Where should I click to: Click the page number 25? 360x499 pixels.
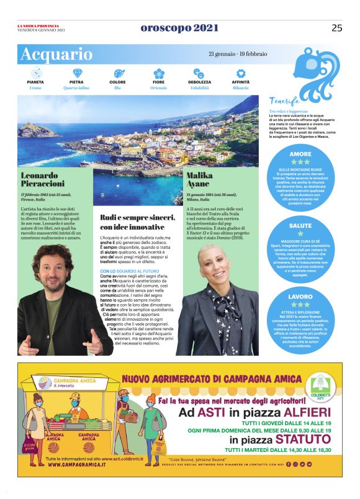tap(336, 28)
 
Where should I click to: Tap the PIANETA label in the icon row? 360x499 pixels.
tap(35, 82)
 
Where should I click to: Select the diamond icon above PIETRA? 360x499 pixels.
tap(77, 73)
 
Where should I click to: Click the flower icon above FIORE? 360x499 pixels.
tap(159, 73)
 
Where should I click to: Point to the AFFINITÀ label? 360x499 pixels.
tap(241, 82)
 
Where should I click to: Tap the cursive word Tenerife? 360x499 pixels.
tap(285, 101)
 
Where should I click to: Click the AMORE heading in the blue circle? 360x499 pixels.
tap(300, 154)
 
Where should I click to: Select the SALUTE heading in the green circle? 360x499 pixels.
tap(300, 226)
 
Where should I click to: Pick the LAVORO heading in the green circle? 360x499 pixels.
tap(300, 297)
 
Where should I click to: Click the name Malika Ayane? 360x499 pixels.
tap(199, 180)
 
